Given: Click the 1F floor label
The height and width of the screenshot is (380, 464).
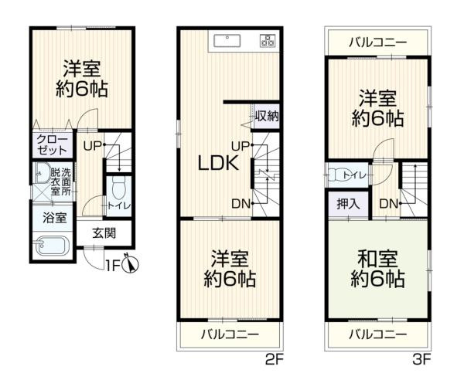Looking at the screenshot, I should [x=114, y=266].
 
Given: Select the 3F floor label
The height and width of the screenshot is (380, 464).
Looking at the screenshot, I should [x=421, y=359].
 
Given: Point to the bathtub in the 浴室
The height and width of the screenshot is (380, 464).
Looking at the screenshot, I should [x=53, y=246].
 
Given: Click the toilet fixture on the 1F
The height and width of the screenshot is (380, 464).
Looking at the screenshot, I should [x=117, y=186].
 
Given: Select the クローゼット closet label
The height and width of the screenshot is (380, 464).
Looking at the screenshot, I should [x=53, y=146].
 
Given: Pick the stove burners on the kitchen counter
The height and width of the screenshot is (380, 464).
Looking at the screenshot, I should [x=268, y=42].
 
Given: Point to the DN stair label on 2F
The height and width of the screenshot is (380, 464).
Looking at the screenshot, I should [x=240, y=203].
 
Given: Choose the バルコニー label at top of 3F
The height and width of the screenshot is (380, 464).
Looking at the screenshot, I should [x=377, y=42].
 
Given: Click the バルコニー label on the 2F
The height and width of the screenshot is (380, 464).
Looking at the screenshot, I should [x=229, y=334].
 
